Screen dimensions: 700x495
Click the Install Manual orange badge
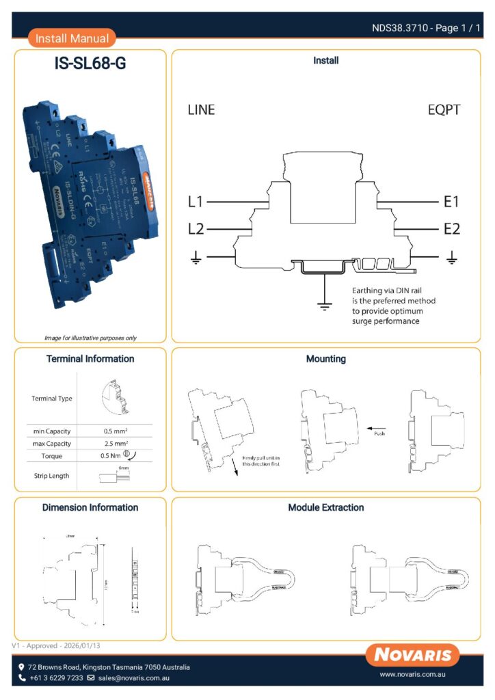(x=72, y=39)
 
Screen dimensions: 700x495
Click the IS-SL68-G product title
(x=90, y=64)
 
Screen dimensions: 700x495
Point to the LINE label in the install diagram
(x=201, y=110)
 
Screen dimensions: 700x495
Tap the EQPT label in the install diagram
(x=444, y=110)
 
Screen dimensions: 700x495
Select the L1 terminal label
(x=196, y=202)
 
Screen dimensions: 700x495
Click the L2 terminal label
(x=196, y=229)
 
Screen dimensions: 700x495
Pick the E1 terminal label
(x=451, y=202)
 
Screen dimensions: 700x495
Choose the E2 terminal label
(x=451, y=229)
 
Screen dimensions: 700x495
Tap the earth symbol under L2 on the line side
(x=196, y=257)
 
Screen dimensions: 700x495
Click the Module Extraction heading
(x=325, y=508)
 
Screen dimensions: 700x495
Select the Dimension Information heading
(x=90, y=508)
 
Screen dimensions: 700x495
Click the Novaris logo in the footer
(x=412, y=656)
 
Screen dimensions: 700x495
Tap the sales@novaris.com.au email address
(x=133, y=678)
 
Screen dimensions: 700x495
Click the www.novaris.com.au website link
(x=412, y=674)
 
